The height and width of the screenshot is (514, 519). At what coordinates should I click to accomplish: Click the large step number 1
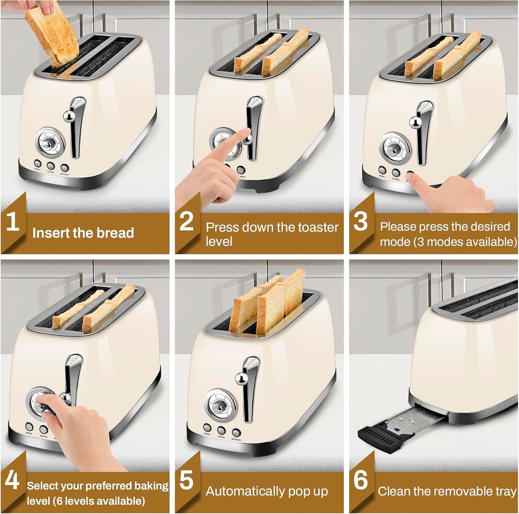point(13,222)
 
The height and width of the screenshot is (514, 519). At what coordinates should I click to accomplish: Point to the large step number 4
point(12,480)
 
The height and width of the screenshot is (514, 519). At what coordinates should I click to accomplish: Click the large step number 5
point(186,480)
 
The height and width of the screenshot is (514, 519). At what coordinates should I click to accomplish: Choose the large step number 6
point(361,480)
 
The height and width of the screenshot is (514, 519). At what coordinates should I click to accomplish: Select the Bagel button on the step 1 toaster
point(38,162)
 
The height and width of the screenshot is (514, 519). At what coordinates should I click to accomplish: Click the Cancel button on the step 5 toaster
point(221,430)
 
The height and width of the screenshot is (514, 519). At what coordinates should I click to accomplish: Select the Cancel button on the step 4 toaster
point(43,429)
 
